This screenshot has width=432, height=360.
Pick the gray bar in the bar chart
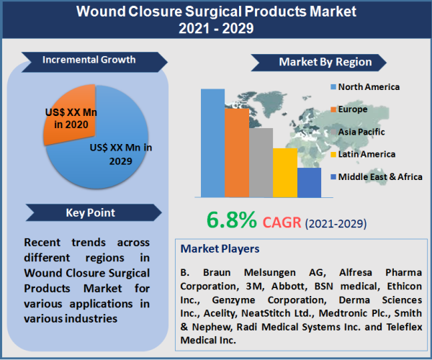pyautogui.click(x=261, y=163)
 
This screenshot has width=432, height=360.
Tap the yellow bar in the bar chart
pyautogui.click(x=284, y=173)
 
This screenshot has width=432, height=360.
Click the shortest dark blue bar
pyautogui.click(x=309, y=183)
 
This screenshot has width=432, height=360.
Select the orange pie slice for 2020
pyautogui.click(x=68, y=120)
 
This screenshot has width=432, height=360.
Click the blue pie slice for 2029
pyautogui.click(x=108, y=155)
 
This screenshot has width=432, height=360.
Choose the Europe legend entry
pyautogui.click(x=353, y=109)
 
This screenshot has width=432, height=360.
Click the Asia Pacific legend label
pyautogui.click(x=361, y=132)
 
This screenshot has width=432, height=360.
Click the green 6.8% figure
pyautogui.click(x=231, y=220)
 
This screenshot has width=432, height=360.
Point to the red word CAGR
pyautogui.click(x=282, y=221)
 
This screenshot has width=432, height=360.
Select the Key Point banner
pyautogui.click(x=91, y=213)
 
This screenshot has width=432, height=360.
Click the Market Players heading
pyautogui.click(x=220, y=249)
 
